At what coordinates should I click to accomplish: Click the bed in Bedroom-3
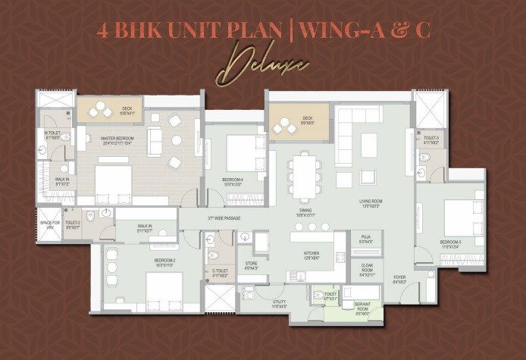tap(459, 216)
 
